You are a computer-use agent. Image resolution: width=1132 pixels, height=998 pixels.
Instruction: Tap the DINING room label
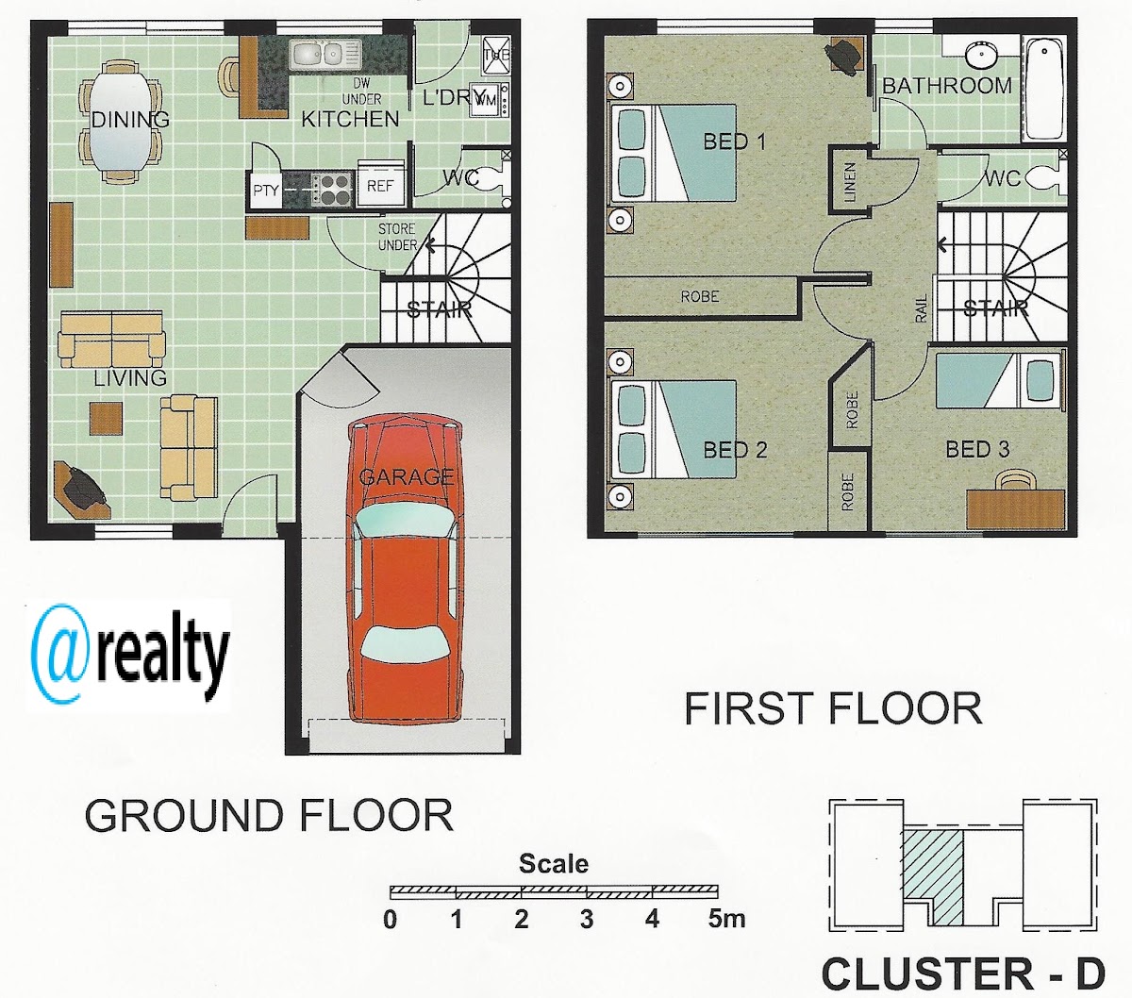point(130,119)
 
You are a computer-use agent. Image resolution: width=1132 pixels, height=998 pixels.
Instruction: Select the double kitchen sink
point(325,55)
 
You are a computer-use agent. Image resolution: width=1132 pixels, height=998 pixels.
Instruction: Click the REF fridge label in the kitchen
point(380,185)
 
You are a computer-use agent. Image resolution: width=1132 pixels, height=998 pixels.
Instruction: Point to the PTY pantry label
point(266,191)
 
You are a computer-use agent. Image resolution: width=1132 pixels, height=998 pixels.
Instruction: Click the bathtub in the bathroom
point(1043,90)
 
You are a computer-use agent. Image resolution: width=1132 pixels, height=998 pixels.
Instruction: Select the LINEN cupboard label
point(850,182)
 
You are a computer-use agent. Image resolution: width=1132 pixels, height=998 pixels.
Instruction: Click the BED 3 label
point(976,449)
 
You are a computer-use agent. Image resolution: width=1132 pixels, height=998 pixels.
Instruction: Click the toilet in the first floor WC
point(1046,178)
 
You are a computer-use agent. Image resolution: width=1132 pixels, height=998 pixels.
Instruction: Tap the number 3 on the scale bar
point(586,918)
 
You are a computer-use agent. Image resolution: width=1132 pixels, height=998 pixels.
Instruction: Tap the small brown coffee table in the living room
point(107,419)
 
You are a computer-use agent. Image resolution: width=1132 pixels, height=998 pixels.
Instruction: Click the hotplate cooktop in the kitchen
point(332,190)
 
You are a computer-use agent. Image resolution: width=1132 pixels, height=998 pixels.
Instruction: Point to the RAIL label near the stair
point(922,308)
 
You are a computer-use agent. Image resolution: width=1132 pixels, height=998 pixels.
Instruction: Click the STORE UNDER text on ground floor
point(397,237)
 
